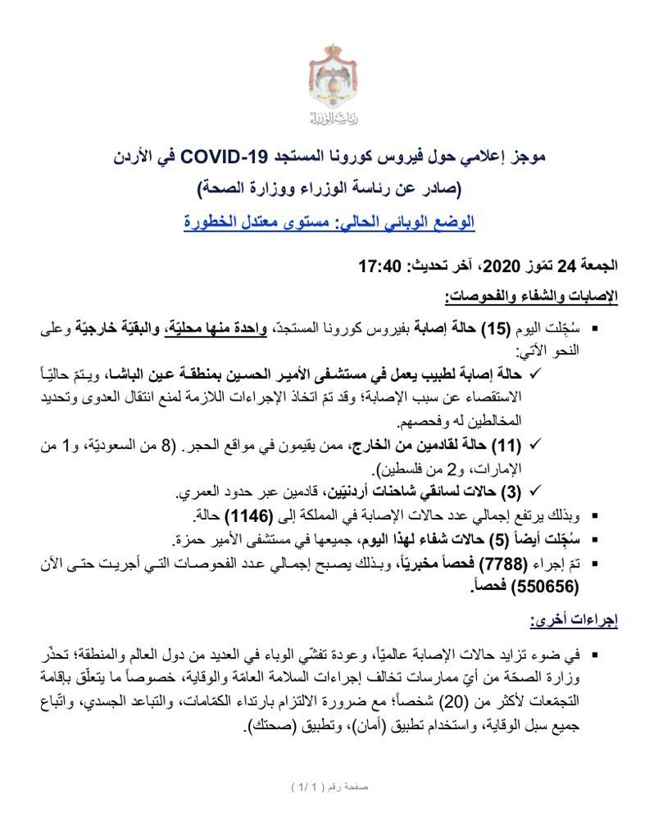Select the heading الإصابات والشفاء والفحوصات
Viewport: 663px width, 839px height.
532,296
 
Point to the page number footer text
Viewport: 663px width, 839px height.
330,787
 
